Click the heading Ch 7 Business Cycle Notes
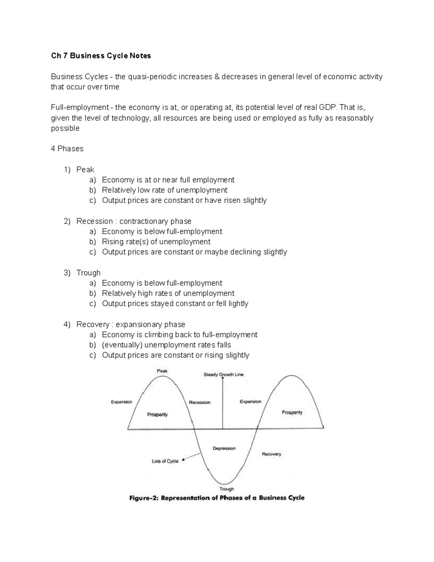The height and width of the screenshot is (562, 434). tap(101, 56)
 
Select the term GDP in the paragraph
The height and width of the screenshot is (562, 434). tap(327, 107)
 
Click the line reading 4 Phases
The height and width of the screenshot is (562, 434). tap(67, 149)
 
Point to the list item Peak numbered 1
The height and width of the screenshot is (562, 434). tap(85, 170)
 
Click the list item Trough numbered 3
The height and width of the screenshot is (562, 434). tap(88, 273)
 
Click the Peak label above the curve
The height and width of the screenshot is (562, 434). tap(162, 371)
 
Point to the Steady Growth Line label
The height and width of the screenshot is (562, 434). tap(224, 375)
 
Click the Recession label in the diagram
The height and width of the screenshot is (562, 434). tap(200, 402)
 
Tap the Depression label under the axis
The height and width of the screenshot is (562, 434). tap(224, 448)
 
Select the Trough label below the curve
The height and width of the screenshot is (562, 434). tap(227, 489)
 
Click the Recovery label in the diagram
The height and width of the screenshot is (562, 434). tap(271, 454)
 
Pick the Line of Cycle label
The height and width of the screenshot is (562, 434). tap(165, 461)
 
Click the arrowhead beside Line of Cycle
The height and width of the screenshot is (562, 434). tap(183, 460)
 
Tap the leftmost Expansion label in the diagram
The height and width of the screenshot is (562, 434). tap(122, 402)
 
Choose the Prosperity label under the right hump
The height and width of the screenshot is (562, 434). tap(292, 413)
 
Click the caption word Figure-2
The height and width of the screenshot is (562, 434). tap(144, 498)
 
